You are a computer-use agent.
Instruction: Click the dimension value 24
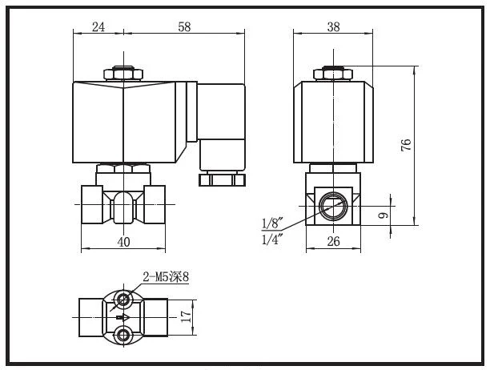click(98, 27)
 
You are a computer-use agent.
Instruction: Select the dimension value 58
click(184, 27)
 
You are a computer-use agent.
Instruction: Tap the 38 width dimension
click(333, 27)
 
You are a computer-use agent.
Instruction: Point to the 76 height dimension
click(406, 145)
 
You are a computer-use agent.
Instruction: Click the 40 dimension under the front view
click(124, 242)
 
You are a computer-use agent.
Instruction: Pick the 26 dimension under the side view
click(333, 241)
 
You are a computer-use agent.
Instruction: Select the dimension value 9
click(384, 215)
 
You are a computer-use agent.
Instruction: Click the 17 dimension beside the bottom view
click(186, 316)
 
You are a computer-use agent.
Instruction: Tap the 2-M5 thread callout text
click(166, 277)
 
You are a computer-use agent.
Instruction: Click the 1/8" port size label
click(272, 223)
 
